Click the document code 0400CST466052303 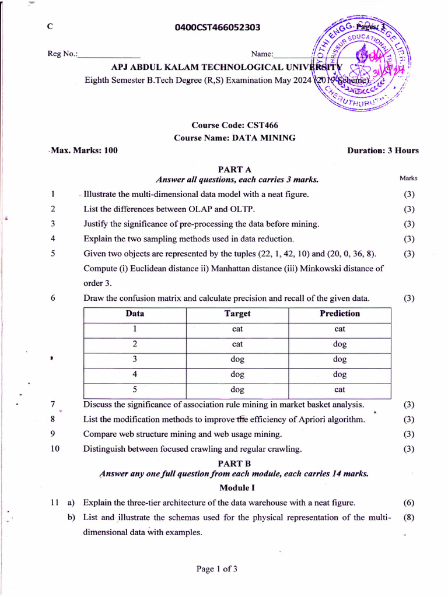tap(218, 27)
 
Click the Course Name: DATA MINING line tap(235, 138)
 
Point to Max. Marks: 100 tap(84, 150)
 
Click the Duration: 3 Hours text tap(383, 150)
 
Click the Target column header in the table tap(237, 314)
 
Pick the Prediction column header tap(339, 314)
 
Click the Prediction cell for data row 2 tap(339, 344)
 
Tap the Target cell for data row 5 tap(237, 389)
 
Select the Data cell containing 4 tap(135, 374)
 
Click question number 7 tap(52, 404)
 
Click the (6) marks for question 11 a tap(409, 503)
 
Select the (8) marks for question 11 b tap(409, 518)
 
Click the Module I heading tap(236, 487)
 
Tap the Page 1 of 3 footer tap(216, 568)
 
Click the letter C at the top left tap(50, 27)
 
